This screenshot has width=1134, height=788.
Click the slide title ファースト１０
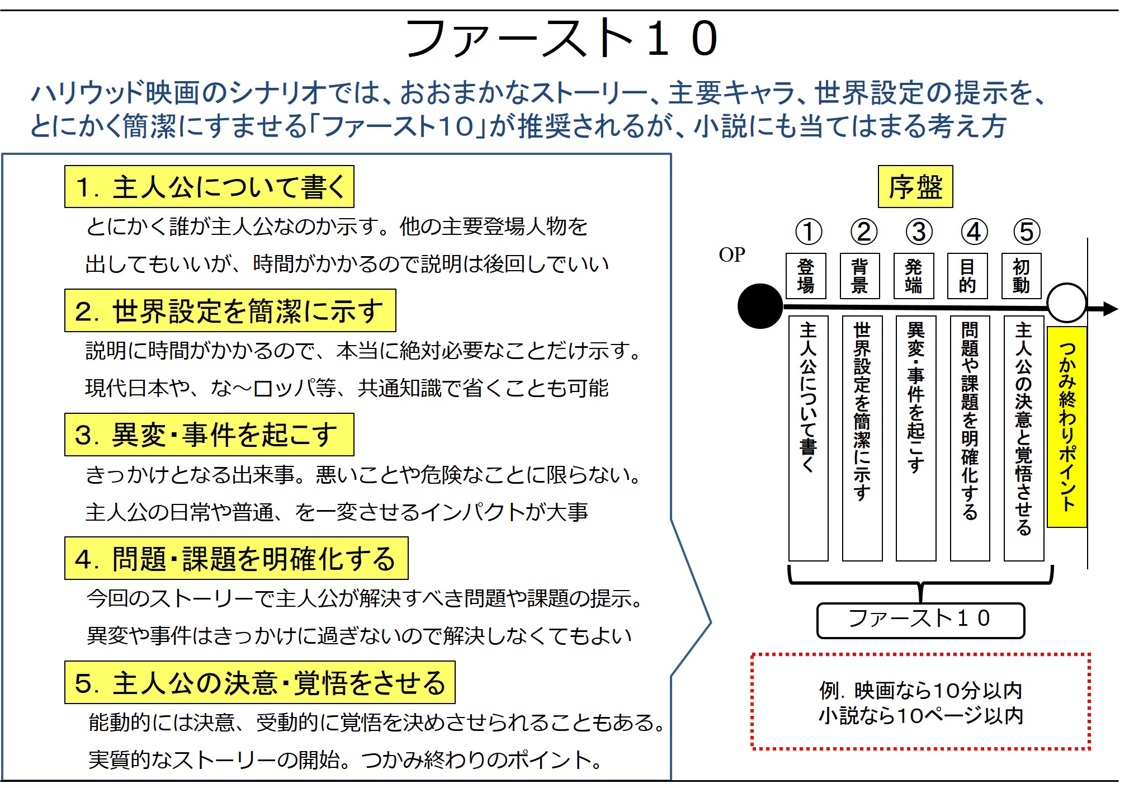pyautogui.click(x=561, y=39)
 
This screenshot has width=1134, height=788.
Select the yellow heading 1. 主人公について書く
pyautogui.click(x=209, y=187)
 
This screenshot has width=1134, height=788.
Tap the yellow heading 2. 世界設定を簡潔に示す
pyautogui.click(x=230, y=311)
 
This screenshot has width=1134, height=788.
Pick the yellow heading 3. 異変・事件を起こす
pyautogui.click(x=209, y=435)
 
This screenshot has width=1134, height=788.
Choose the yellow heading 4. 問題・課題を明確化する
pyautogui.click(x=236, y=559)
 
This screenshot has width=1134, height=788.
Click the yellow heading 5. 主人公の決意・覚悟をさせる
pyautogui.click(x=259, y=683)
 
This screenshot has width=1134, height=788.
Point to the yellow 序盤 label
pyautogui.click(x=915, y=187)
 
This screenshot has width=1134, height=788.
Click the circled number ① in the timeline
pyautogui.click(x=808, y=232)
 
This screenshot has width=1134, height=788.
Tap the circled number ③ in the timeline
pyautogui.click(x=918, y=232)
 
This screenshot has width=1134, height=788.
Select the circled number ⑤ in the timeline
pyautogui.click(x=1027, y=232)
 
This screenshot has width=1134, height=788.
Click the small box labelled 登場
pyautogui.click(x=806, y=276)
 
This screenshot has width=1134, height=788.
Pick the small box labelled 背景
pyautogui.click(x=859, y=276)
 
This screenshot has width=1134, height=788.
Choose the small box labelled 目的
pyautogui.click(x=967, y=276)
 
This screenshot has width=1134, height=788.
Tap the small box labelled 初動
pyautogui.click(x=1021, y=276)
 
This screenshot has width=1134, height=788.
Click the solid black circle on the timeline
pyautogui.click(x=760, y=306)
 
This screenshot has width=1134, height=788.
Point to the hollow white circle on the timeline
pyautogui.click(x=1066, y=303)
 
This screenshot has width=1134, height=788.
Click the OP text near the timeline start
pyautogui.click(x=731, y=255)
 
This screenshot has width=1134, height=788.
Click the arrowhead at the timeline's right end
pyautogui.click(x=1110, y=309)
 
